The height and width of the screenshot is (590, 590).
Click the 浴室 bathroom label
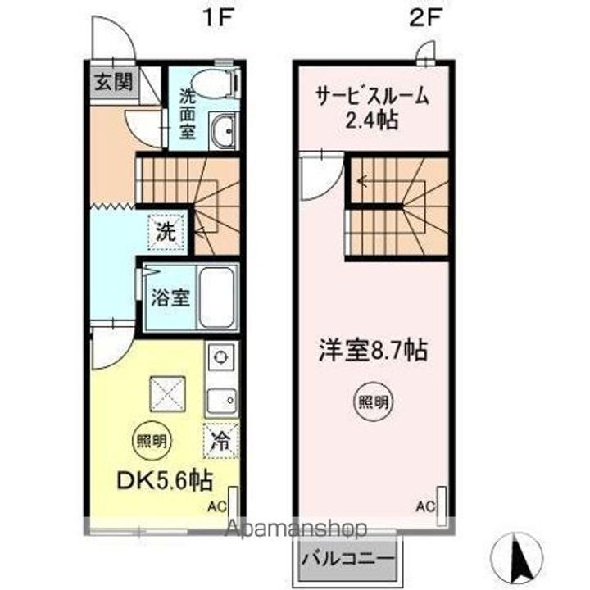point(170,297)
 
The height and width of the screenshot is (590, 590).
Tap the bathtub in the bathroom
point(217,297)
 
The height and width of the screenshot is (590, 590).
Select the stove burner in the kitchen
point(220,357)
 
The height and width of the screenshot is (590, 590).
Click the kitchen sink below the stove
point(220,401)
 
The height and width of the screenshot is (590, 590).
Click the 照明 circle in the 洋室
point(373,402)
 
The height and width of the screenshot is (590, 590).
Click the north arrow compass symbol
point(517,557)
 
